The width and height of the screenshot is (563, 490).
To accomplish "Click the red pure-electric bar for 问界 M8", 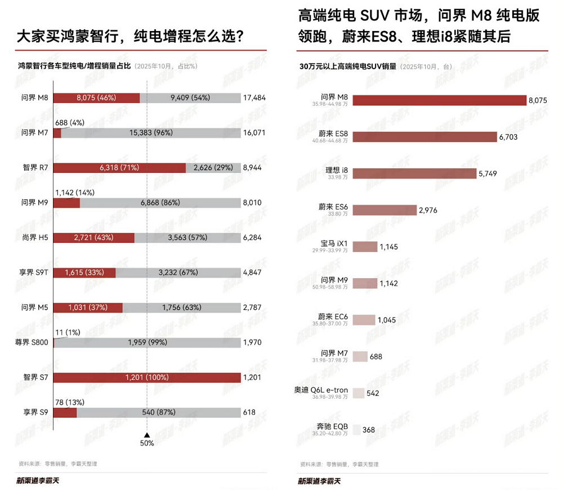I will tap(96, 97).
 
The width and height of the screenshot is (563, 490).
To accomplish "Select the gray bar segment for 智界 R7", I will tap(213, 168).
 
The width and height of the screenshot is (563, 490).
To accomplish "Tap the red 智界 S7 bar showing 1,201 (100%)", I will tap(146, 377).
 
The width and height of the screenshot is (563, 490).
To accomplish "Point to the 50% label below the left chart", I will tap(147, 443).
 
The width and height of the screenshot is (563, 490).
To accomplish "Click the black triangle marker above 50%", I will tap(147, 434).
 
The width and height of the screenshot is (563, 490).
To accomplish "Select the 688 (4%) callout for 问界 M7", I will tap(69, 122).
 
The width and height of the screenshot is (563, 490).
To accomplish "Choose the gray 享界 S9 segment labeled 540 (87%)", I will tap(158, 412).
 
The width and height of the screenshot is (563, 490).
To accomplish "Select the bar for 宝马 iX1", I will tap(364, 247).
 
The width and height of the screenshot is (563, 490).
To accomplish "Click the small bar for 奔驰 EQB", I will tap(356, 430).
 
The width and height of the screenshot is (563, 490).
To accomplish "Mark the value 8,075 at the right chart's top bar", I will tap(538, 100).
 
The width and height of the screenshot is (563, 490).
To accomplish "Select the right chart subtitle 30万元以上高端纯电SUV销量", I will tap(348, 66).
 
